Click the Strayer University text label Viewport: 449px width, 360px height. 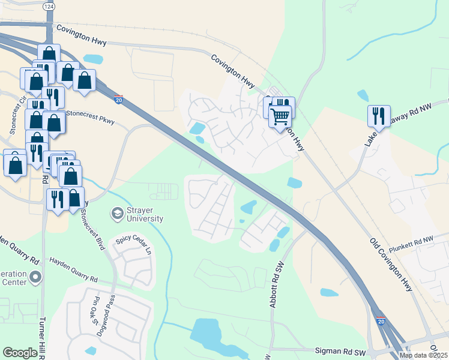point(145,214)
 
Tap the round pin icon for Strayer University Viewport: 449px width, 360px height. point(116,213)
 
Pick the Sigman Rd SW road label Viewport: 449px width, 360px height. point(340,349)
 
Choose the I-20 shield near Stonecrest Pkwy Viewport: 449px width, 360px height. point(119,101)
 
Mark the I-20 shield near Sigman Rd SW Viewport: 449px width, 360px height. point(381,322)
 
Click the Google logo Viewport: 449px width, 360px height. point(20,353)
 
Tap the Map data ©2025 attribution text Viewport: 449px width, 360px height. point(423,355)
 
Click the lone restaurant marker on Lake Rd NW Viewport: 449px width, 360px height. point(379,115)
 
